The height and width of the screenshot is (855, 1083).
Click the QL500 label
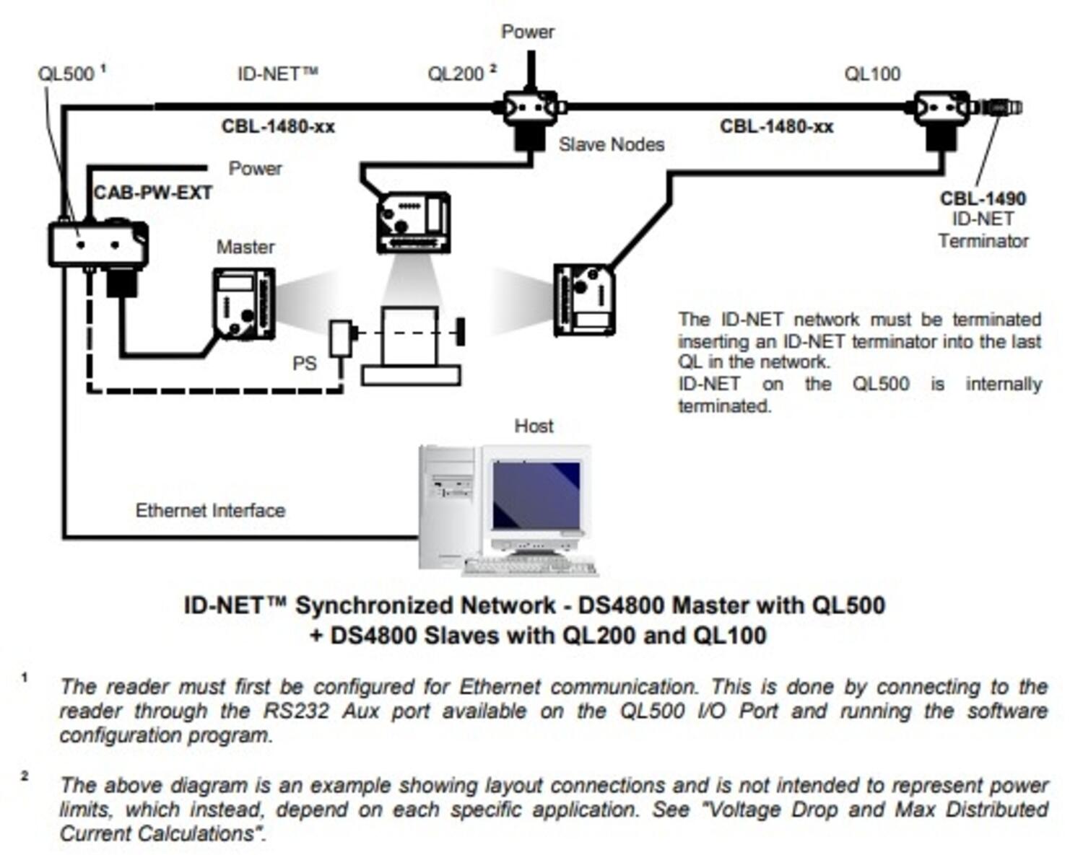(66, 74)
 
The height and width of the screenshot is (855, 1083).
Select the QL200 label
(456, 74)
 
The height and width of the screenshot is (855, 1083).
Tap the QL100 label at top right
(872, 74)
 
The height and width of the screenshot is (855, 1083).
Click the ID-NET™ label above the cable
(277, 74)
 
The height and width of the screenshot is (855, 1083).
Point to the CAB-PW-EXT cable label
(153, 193)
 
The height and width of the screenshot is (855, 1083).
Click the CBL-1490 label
(983, 198)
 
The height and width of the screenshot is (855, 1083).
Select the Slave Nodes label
(611, 144)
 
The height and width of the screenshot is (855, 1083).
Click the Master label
(245, 247)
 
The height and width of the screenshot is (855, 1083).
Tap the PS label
(304, 363)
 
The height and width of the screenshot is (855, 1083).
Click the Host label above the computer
(534, 426)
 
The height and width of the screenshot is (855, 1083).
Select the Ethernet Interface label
(210, 510)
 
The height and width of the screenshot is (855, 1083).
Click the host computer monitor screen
(536, 496)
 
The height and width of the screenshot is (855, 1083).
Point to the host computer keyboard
(531, 567)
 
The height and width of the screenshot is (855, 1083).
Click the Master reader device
(244, 304)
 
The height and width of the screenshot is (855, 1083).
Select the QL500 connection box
(97, 245)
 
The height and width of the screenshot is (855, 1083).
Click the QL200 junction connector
(531, 108)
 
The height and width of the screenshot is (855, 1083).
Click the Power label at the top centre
(528, 32)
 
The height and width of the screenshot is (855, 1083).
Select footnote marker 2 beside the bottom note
(25, 776)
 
